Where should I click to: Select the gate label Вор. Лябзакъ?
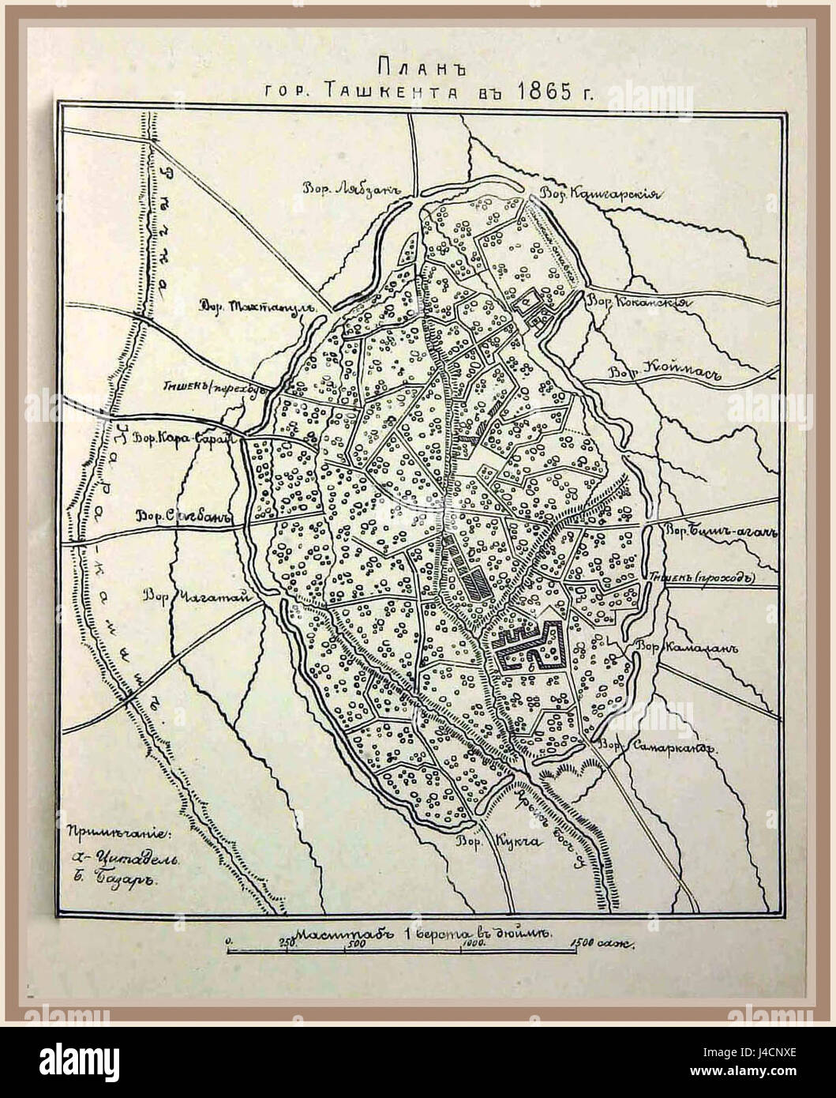[353, 187]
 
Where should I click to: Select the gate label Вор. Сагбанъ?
[182, 517]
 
